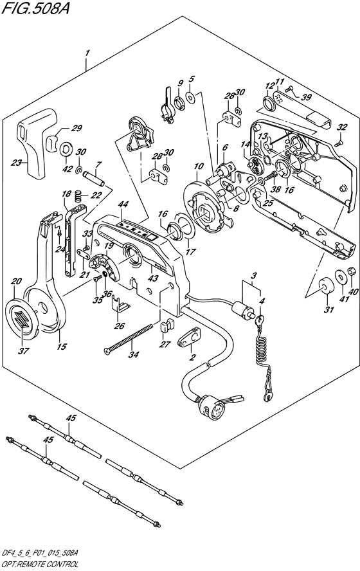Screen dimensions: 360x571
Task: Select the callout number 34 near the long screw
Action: [133, 354]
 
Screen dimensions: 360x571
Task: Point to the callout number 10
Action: [199, 167]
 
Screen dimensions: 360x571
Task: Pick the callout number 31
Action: [329, 309]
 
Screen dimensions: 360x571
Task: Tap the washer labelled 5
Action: [190, 96]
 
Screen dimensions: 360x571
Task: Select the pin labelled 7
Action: [97, 179]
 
